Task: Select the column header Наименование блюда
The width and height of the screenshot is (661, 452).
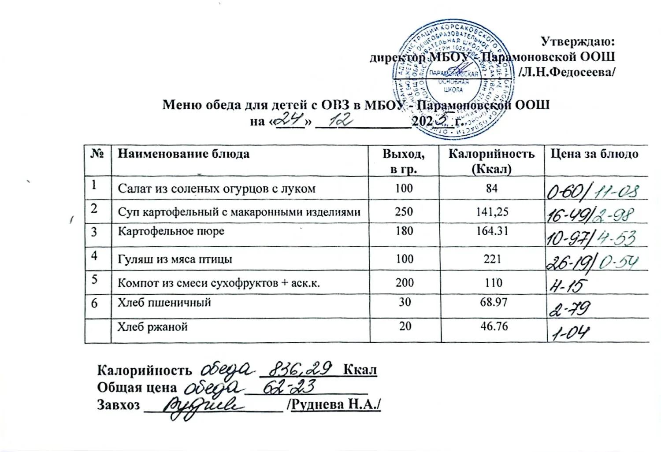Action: coord(183,154)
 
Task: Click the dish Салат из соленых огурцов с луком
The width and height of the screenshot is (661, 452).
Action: coord(216,189)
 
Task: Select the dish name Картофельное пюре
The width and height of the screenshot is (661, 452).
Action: coord(171,231)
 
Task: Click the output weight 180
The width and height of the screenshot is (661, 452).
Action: coord(404,231)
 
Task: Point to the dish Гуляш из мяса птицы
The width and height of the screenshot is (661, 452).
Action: coord(175,259)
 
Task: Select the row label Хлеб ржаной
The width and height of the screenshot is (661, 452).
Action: coord(152,327)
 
